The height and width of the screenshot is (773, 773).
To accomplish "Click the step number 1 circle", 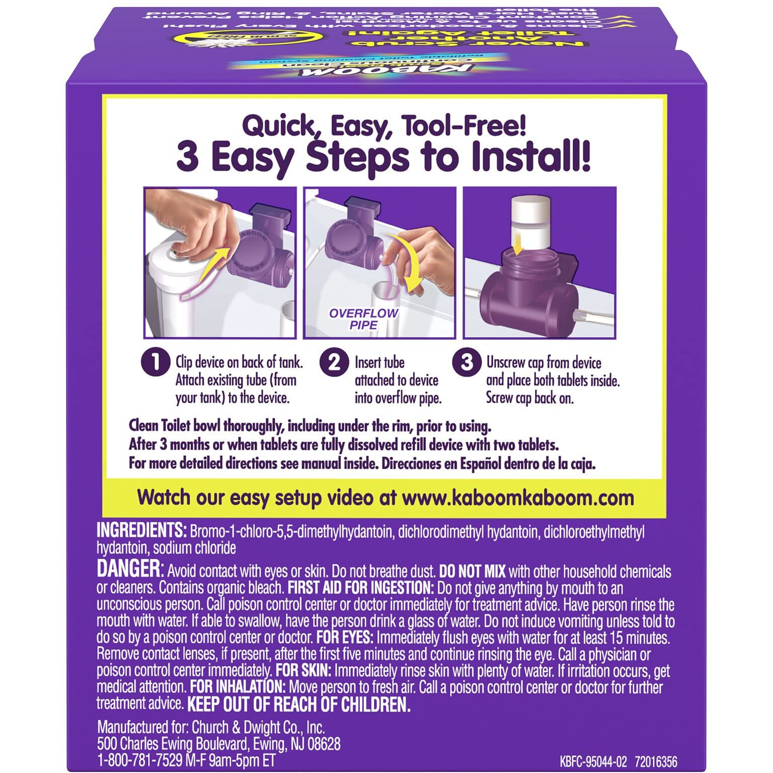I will [x=156, y=362].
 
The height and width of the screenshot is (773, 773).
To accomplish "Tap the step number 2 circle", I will [x=334, y=362].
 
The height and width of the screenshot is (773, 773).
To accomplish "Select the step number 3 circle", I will [x=467, y=362].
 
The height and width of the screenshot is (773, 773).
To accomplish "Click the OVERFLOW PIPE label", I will [x=363, y=319].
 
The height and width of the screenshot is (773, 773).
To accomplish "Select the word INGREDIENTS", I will [x=141, y=531].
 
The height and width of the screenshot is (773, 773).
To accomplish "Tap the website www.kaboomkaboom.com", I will [x=518, y=498].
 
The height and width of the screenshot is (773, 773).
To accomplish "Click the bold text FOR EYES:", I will [x=345, y=638].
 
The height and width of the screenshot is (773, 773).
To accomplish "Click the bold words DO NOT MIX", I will [x=472, y=572].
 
